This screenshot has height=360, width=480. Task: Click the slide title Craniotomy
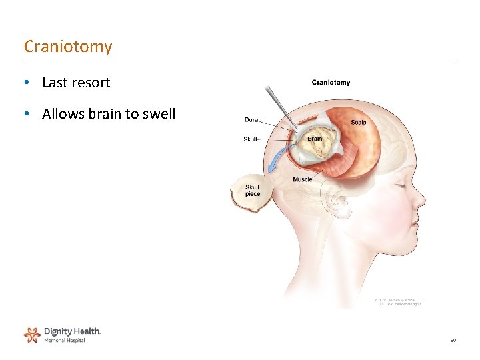coord(68,47)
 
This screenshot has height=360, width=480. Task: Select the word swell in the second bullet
coord(157,114)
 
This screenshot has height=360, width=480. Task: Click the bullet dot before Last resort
coord(25,83)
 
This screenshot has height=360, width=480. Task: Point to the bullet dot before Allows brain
coord(25,114)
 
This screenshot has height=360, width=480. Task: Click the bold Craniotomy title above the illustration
coord(331,83)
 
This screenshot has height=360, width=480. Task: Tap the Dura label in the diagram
coord(251,120)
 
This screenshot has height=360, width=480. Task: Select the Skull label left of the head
coord(251,139)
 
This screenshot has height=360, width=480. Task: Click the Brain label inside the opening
coord(315,139)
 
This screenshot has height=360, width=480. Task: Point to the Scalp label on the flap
coord(359,122)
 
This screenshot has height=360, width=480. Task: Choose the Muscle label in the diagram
coord(302,179)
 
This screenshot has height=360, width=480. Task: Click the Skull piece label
coord(253,191)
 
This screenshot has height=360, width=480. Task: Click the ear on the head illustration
coord(337,200)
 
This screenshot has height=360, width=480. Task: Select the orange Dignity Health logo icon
coord(31,334)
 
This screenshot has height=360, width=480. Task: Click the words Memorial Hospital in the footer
coord(65,341)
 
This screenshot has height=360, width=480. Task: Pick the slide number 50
coord(453,341)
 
